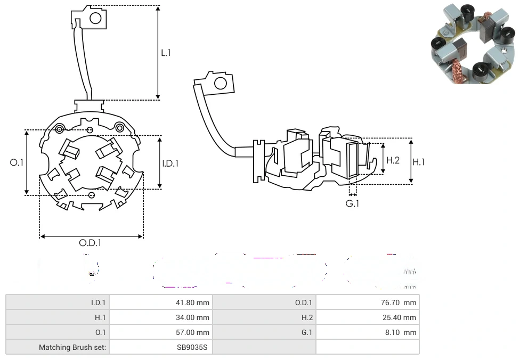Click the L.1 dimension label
(x=166, y=53)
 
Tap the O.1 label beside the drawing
(x=17, y=162)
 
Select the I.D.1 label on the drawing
(x=170, y=163)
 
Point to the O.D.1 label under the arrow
(x=90, y=243)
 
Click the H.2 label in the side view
(x=393, y=160)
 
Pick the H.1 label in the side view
(x=419, y=162)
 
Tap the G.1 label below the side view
(x=352, y=203)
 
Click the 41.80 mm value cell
(x=193, y=302)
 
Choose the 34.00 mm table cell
(x=193, y=317)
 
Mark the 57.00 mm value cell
(x=193, y=332)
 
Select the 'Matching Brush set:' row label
(x=72, y=347)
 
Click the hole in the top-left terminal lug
(x=96, y=19)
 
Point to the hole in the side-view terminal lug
(x=220, y=83)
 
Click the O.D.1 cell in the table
(x=304, y=302)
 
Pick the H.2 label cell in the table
(x=307, y=317)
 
